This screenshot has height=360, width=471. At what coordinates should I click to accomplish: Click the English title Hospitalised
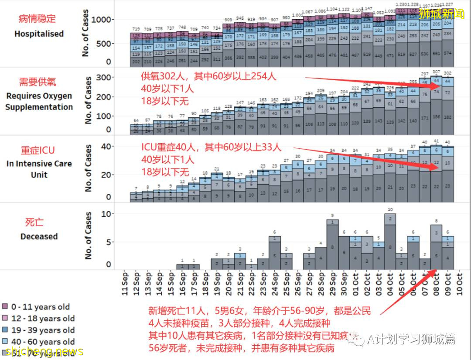pyautogui.click(x=39, y=34)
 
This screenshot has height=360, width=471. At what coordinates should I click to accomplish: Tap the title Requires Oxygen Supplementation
pyautogui.click(x=39, y=101)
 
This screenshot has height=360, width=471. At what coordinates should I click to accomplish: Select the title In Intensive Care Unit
pyautogui.click(x=39, y=169)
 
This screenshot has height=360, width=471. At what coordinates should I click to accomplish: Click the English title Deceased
pyautogui.click(x=39, y=237)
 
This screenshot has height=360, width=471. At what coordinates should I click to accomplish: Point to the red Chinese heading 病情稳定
pyautogui.click(x=38, y=19)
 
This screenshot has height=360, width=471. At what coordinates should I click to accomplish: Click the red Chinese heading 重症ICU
pyautogui.click(x=38, y=150)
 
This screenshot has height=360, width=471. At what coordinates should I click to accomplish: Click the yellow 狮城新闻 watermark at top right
pyautogui.click(x=441, y=14)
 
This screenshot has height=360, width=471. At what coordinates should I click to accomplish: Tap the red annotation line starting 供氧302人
pyautogui.click(x=208, y=76)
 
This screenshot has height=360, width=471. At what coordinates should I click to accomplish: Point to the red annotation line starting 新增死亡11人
pyautogui.click(x=259, y=311)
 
